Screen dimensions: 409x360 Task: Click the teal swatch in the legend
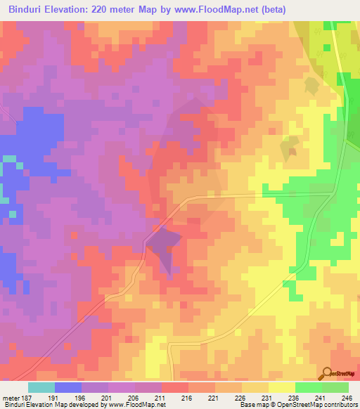(41, 387)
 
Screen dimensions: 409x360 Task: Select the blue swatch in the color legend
(68, 387)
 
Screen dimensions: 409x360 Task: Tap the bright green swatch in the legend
(309, 387)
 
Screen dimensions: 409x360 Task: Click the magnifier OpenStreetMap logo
(328, 375)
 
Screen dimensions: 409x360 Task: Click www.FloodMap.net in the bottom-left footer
(136, 405)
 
